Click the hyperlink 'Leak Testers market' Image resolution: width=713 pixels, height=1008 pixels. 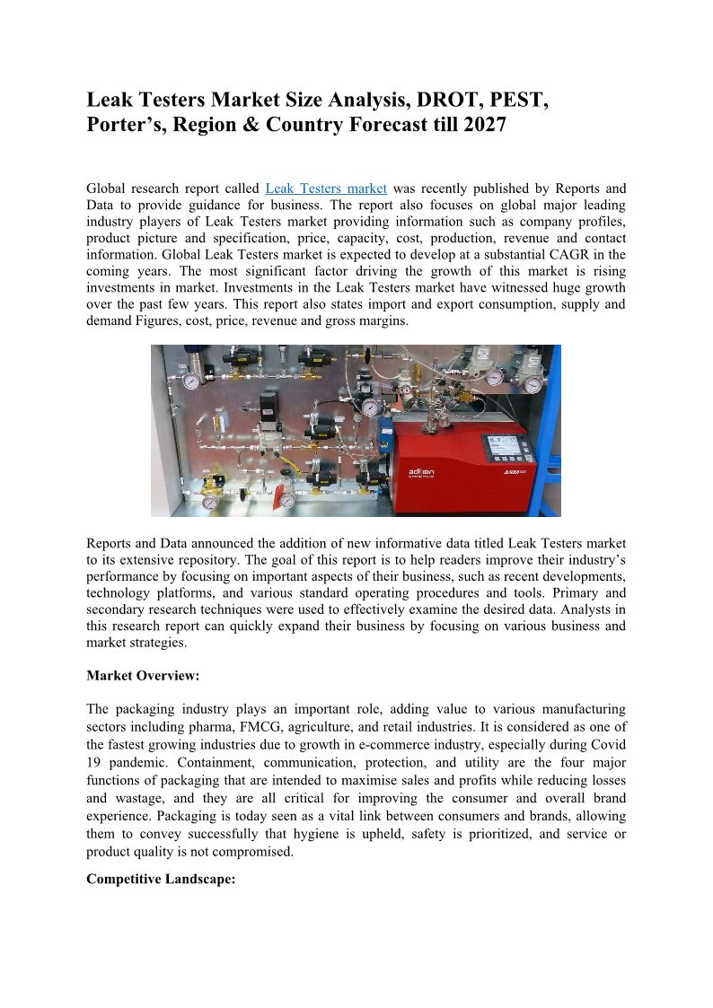[x=326, y=188]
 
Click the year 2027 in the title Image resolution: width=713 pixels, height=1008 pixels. [x=485, y=125]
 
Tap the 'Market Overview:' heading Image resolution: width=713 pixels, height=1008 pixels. [x=143, y=675]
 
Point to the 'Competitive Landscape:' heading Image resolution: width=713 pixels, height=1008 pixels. [x=161, y=880]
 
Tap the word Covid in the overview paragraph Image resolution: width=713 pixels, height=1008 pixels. [x=608, y=744]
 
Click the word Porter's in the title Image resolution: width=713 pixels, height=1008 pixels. [x=126, y=125]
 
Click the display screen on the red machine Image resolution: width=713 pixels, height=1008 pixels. [x=506, y=449]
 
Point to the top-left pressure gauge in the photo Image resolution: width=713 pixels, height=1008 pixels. [x=190, y=381]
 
